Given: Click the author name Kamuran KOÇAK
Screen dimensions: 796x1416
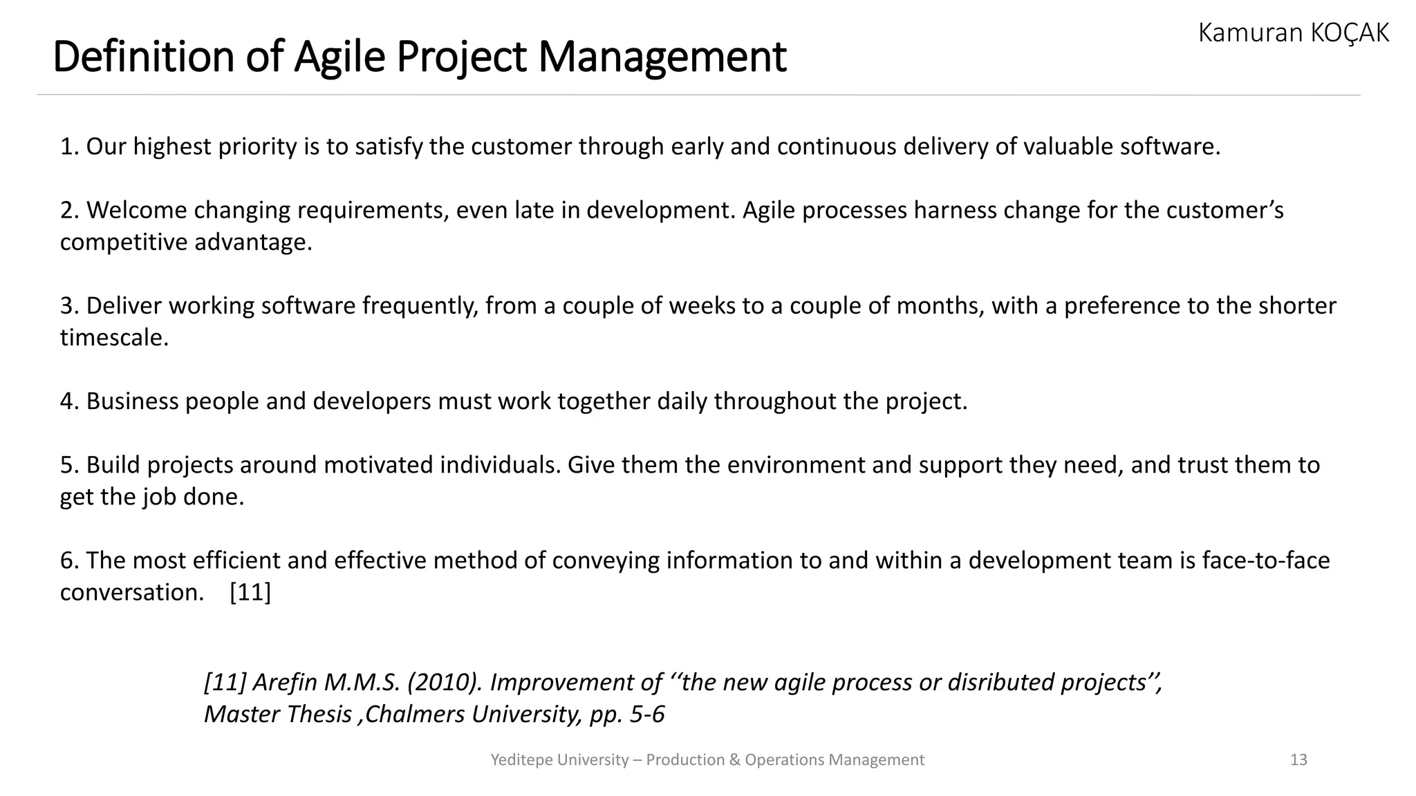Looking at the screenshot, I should [1293, 32].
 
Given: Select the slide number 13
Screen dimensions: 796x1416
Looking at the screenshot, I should [1298, 760].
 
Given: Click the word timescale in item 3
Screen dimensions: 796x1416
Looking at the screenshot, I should [113, 338].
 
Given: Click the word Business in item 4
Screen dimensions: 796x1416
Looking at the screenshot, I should [132, 401].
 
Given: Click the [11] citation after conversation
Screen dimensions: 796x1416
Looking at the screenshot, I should [250, 592].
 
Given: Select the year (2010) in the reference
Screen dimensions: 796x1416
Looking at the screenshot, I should [445, 683].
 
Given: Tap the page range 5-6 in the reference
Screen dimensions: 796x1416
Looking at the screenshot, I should [646, 714].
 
